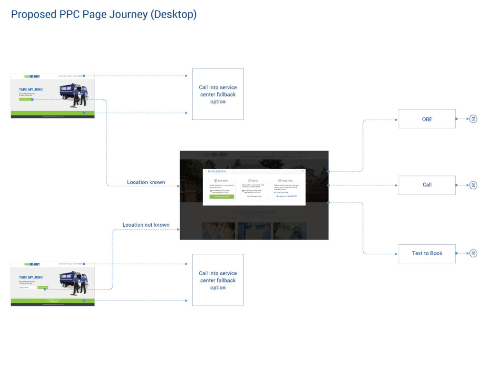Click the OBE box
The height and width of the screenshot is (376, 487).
(x=427, y=119)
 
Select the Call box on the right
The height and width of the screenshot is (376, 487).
(x=427, y=185)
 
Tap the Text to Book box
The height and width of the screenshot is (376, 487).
(x=427, y=253)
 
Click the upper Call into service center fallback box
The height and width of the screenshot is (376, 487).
(x=218, y=94)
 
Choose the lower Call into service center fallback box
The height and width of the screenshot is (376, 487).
(x=218, y=280)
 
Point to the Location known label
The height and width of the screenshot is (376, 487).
(x=146, y=182)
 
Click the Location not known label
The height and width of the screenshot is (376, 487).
(x=146, y=225)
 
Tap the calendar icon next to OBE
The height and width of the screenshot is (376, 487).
(x=473, y=119)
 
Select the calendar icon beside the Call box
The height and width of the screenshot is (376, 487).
(x=473, y=185)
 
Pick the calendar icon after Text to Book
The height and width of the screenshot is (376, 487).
(x=473, y=253)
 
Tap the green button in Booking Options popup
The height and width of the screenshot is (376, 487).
(x=222, y=196)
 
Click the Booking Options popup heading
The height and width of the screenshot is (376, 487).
(x=217, y=171)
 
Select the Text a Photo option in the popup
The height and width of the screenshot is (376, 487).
(x=286, y=181)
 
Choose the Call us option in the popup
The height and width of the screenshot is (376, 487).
(x=254, y=181)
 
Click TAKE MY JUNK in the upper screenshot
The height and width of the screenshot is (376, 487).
(x=31, y=89)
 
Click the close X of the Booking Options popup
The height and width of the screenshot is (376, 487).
(x=302, y=171)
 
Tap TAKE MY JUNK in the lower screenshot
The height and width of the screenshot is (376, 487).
(x=31, y=277)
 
